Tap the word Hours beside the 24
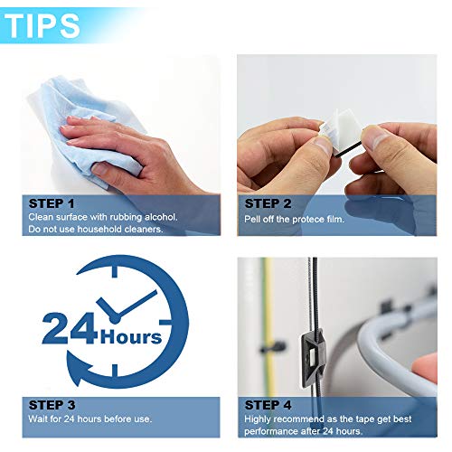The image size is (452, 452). tap(132, 337)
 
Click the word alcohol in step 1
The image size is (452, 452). tap(161, 218)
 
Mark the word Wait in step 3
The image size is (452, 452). tap(40, 419)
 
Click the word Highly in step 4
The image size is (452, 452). tap(259, 419)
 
